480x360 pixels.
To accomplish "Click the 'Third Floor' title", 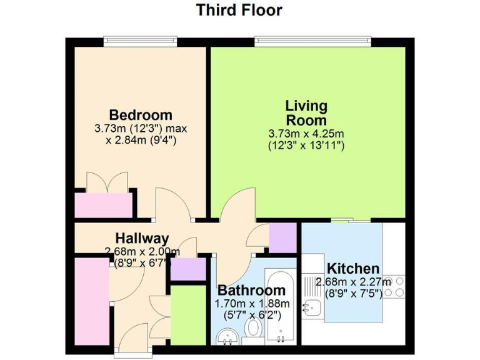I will [239, 11].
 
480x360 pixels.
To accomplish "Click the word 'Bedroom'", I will [141, 116].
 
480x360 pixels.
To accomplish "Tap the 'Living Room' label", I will [306, 112].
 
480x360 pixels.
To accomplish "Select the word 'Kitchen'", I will [354, 269].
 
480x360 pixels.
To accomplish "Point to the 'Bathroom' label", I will [251, 291].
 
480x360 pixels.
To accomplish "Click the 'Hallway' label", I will [142, 238].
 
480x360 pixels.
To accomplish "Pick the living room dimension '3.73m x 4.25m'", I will [306, 133].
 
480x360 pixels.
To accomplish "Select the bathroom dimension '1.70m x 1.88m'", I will [251, 304].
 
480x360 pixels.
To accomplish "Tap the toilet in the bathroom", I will [254, 329].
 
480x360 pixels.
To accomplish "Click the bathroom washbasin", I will [226, 338].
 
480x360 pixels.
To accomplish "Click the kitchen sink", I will [311, 307].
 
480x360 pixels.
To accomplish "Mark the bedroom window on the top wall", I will [141, 41].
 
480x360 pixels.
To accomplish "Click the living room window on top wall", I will [313, 41].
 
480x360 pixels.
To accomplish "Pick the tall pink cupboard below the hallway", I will [92, 299].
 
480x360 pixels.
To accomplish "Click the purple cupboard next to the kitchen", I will [282, 237].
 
